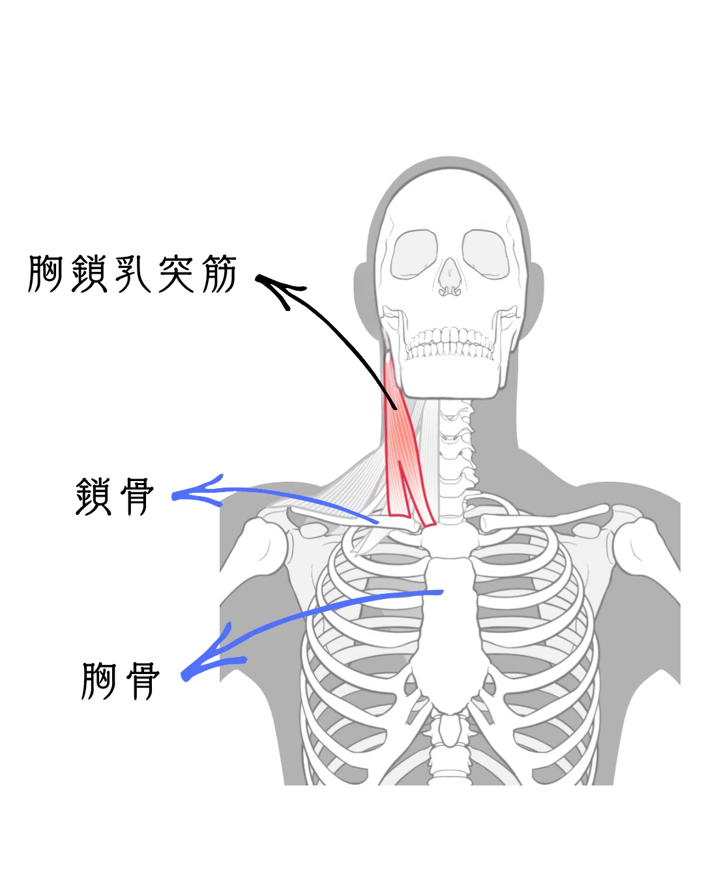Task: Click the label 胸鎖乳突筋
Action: pyautogui.click(x=132, y=274)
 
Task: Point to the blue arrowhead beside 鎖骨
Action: pyautogui.click(x=196, y=492)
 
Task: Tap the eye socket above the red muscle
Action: pyautogui.click(x=413, y=254)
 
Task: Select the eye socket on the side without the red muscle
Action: pyautogui.click(x=486, y=254)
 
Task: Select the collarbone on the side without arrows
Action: pyautogui.click(x=544, y=518)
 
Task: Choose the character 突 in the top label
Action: pyautogui.click(x=175, y=274)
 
